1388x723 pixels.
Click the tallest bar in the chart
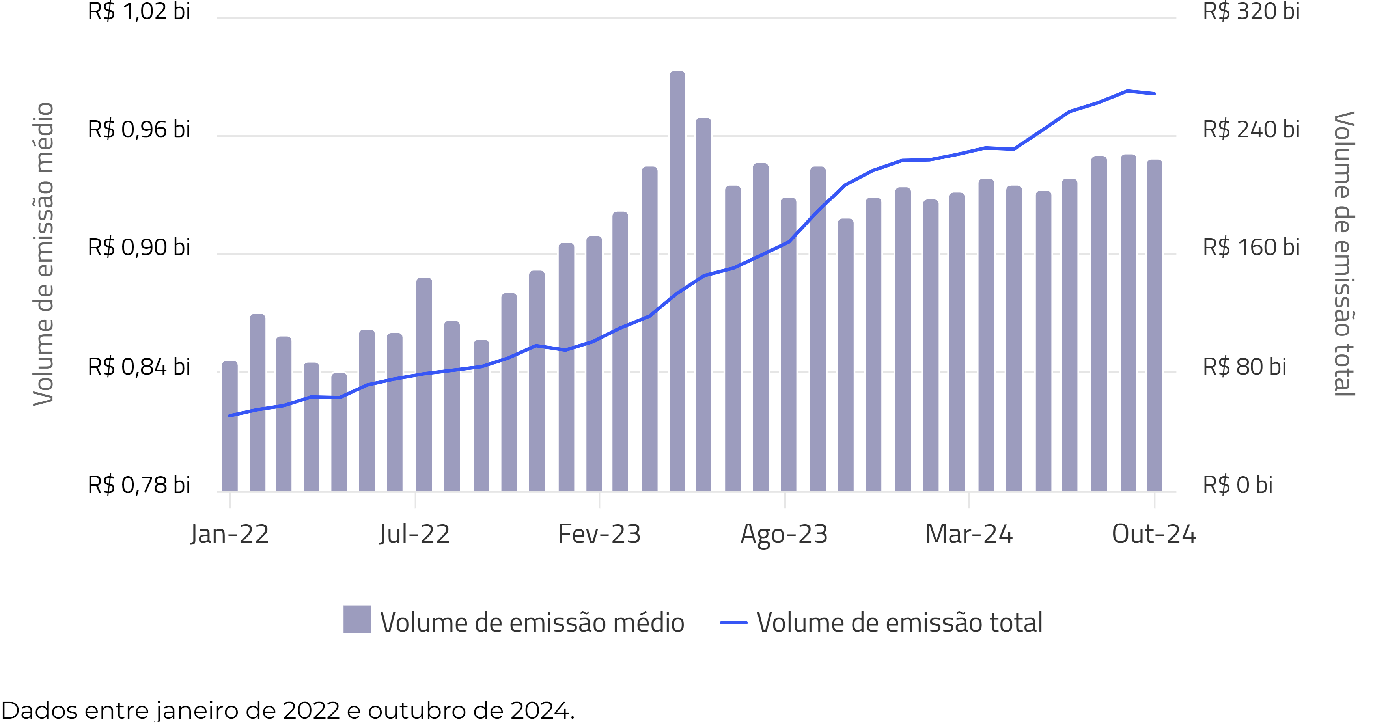coord(677,280)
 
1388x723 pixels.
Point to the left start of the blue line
coord(230,416)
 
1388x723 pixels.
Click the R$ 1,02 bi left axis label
coord(139,11)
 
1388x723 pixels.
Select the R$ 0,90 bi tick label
coord(139,247)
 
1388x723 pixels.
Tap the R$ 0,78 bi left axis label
coord(139,485)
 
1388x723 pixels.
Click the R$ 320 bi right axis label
coord(1251,11)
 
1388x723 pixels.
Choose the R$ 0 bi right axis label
coord(1238,485)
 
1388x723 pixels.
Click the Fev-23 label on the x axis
coord(599,534)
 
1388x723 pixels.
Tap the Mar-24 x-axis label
coord(969,534)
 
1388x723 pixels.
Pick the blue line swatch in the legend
coord(733,623)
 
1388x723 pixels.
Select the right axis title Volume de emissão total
coord(1344,253)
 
